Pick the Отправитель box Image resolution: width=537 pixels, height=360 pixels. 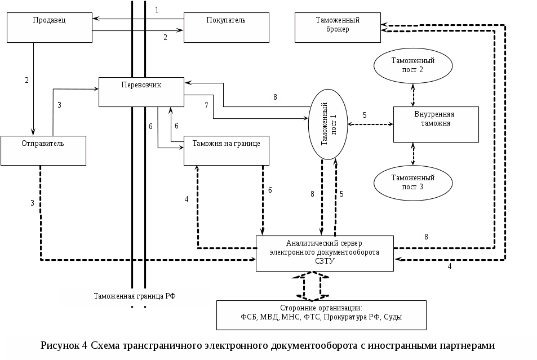click(43, 150)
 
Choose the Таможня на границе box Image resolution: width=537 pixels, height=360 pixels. click(226, 150)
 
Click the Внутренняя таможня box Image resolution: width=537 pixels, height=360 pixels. click(435, 124)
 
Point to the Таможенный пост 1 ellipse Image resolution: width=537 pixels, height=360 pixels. click(327, 123)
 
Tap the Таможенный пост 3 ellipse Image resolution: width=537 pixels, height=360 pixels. click(414, 183)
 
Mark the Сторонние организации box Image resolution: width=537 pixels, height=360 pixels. click(321, 315)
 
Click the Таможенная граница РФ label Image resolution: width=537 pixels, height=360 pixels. click(135, 296)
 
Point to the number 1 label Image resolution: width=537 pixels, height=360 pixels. click(157, 10)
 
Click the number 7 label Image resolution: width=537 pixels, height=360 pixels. click(206, 105)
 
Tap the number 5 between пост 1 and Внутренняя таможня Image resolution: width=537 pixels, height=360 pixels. click(365, 115)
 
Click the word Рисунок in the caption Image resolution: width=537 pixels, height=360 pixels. click(63, 345)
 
